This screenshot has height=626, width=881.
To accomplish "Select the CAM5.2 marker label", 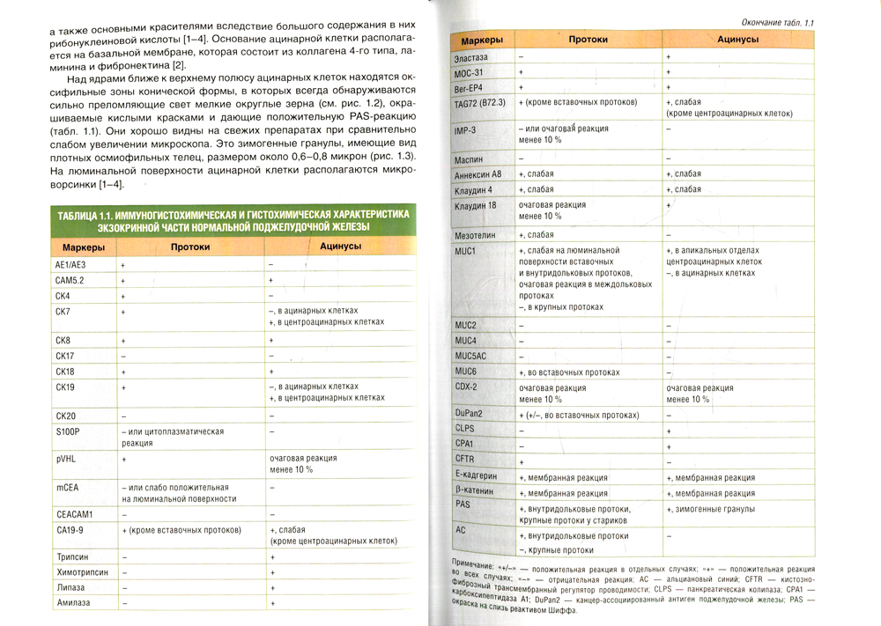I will pyautogui.click(x=70, y=280).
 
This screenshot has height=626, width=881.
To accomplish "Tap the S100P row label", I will pyautogui.click(x=68, y=431).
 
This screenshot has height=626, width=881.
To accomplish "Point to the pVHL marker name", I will pyautogui.click(x=66, y=460).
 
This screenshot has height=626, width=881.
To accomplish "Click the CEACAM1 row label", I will pyautogui.click(x=74, y=513).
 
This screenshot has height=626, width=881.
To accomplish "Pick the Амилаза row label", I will pyautogui.click(x=72, y=603).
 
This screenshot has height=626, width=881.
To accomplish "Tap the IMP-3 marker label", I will pyautogui.click(x=467, y=130).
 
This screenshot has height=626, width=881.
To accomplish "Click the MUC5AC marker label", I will pyautogui.click(x=471, y=356).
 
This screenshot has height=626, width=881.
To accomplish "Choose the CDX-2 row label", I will pyautogui.click(x=466, y=386).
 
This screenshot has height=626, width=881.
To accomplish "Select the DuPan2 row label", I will pyautogui.click(x=470, y=413).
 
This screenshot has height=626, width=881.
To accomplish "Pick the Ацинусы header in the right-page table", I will pyautogui.click(x=738, y=41).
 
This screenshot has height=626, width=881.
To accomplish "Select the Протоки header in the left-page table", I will pyautogui.click(x=190, y=247).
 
